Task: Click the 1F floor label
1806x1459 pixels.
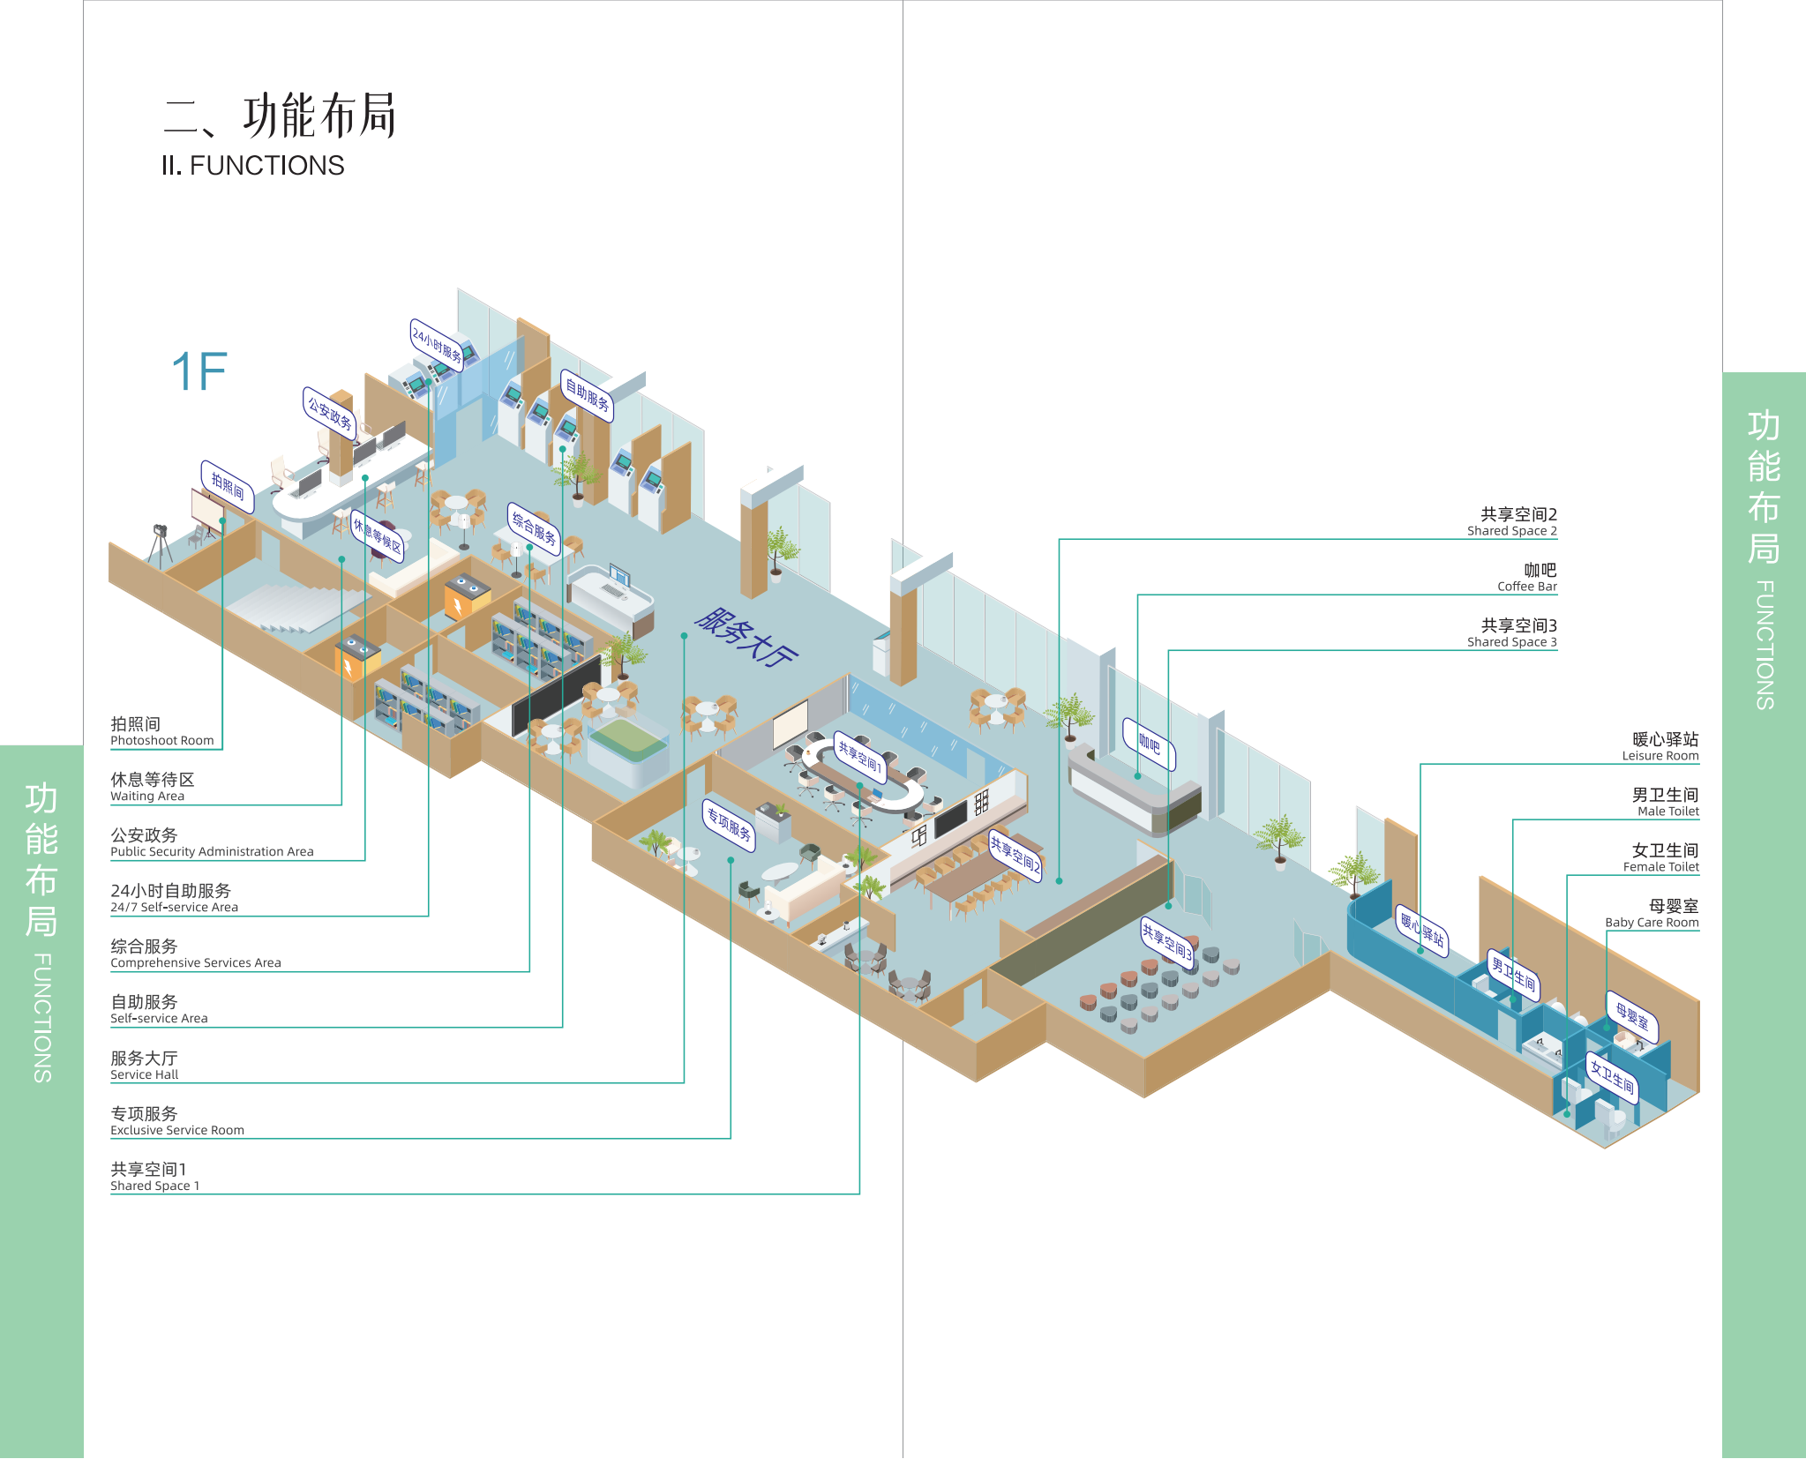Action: pyautogui.click(x=199, y=371)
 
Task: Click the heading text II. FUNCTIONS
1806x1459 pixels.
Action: pyautogui.click(x=252, y=166)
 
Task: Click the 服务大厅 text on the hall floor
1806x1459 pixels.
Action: pyautogui.click(x=746, y=636)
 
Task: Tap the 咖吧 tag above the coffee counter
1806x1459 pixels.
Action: pyautogui.click(x=1149, y=744)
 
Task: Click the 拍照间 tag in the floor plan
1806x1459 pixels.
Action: pyautogui.click(x=228, y=486)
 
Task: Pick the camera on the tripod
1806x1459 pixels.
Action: pyautogui.click(x=160, y=532)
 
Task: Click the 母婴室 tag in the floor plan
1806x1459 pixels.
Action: pyautogui.click(x=1632, y=1017)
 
